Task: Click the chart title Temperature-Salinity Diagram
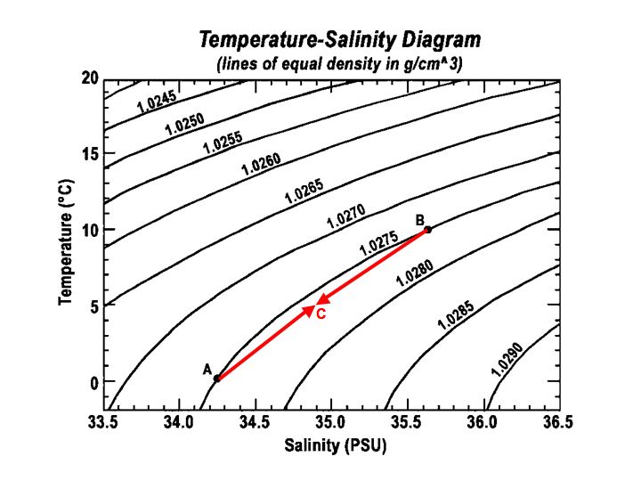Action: tap(339, 40)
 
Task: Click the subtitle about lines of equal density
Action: tap(339, 64)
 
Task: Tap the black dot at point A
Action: tap(216, 378)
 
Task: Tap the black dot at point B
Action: tap(428, 229)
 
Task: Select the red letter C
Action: tap(321, 314)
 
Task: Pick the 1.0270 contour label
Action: tap(345, 216)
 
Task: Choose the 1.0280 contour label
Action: tap(414, 271)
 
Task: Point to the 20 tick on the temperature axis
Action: tap(88, 78)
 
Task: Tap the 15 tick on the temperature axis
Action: tap(88, 154)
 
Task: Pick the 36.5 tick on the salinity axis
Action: tap(558, 420)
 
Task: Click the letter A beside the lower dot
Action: tap(207, 369)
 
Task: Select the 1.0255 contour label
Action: tap(223, 143)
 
